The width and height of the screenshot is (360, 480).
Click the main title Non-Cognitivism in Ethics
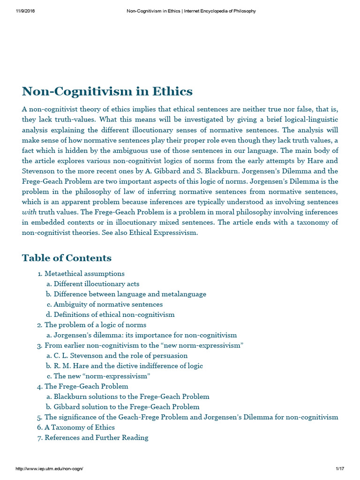(107, 91)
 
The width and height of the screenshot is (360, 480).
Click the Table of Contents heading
(67, 258)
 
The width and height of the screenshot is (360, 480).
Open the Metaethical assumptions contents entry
(84, 273)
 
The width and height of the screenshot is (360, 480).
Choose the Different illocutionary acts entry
(96, 284)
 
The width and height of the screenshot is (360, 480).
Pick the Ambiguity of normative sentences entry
(108, 304)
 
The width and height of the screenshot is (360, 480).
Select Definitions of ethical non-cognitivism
(114, 315)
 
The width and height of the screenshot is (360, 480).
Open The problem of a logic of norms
(95, 325)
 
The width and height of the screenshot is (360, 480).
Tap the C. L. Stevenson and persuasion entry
(120, 355)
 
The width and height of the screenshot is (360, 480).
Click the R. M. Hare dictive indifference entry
(128, 366)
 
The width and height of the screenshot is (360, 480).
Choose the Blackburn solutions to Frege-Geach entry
(131, 397)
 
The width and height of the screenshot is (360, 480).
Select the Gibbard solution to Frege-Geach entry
(127, 407)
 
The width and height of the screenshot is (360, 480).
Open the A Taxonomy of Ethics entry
(79, 427)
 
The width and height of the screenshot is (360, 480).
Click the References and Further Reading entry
(96, 438)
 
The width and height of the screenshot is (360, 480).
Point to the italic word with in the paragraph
(30, 212)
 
